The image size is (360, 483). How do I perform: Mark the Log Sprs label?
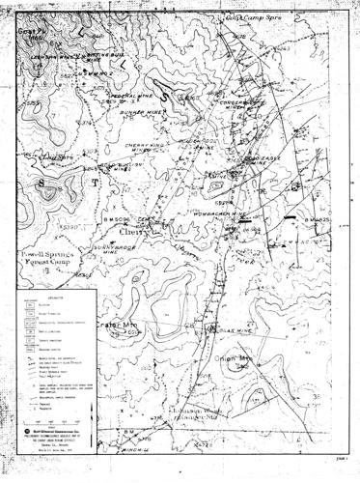click(57, 156)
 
